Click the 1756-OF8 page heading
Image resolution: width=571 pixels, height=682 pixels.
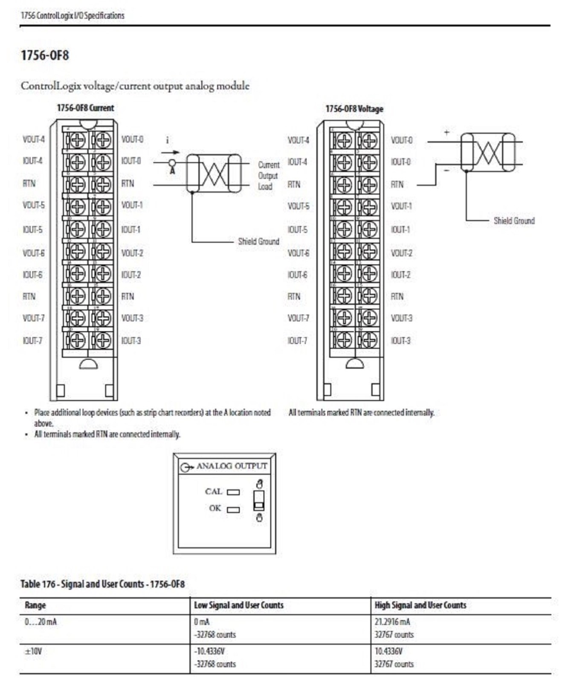(x=45, y=55)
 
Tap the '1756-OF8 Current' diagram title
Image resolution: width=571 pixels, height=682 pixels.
(x=85, y=108)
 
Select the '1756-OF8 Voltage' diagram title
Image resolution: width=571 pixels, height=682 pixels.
(x=354, y=109)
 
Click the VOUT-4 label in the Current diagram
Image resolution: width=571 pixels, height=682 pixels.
(x=34, y=139)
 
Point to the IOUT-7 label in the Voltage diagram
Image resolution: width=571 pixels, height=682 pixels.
(x=297, y=341)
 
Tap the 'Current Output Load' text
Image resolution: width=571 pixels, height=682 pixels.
(x=268, y=176)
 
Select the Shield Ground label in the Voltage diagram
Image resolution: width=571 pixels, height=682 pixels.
(x=514, y=221)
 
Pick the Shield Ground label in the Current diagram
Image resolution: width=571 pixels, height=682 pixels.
(x=258, y=241)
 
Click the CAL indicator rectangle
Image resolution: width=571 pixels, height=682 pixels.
(x=233, y=492)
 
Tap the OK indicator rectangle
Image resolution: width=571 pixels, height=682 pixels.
(x=233, y=509)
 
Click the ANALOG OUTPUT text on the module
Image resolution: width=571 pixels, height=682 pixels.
(x=232, y=466)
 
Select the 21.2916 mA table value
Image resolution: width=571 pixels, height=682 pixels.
(x=392, y=622)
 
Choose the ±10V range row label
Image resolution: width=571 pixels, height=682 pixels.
(x=33, y=651)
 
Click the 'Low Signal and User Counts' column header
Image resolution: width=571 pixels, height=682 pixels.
(x=238, y=605)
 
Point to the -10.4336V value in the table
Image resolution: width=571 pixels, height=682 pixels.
(x=209, y=651)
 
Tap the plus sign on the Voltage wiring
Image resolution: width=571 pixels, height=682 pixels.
(x=446, y=132)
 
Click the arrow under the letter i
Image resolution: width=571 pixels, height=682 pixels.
(x=171, y=152)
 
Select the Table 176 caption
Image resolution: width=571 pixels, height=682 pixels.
(x=102, y=584)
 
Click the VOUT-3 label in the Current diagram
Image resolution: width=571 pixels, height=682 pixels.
(x=132, y=318)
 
